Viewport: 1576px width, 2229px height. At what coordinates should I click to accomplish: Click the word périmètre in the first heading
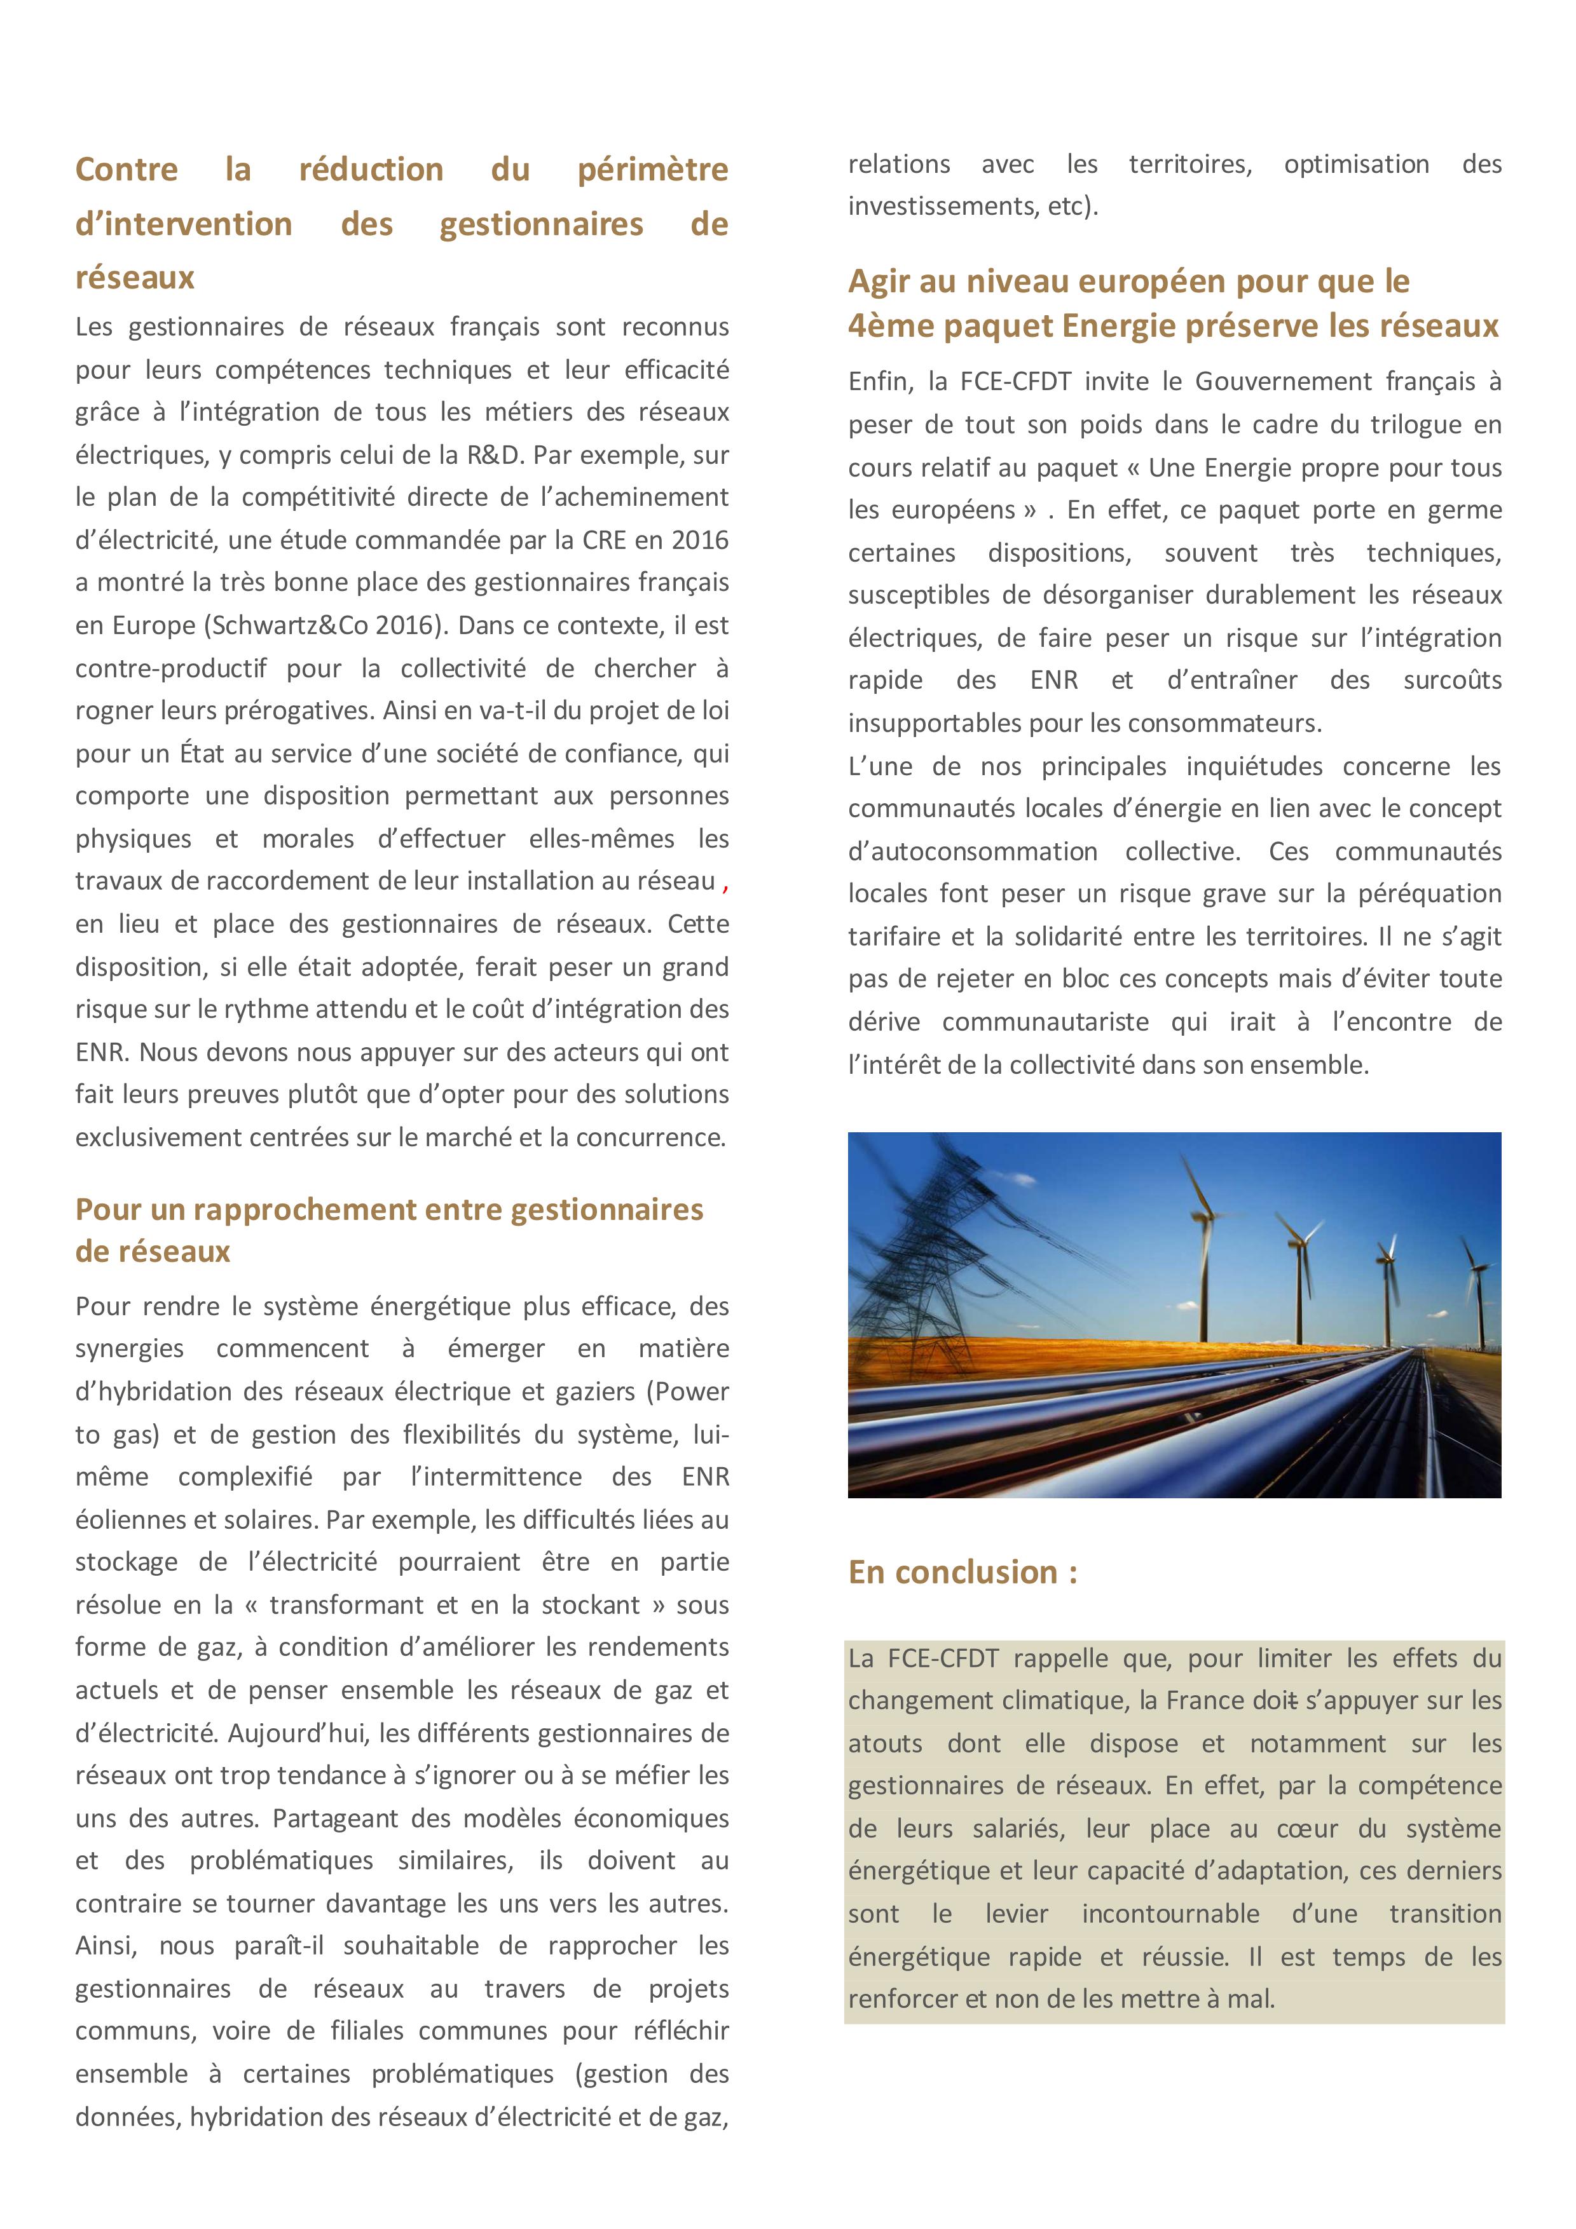click(x=652, y=170)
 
